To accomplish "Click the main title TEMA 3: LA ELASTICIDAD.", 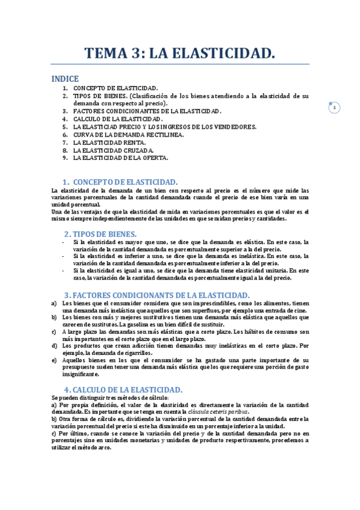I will (x=180, y=54).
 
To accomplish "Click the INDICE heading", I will (x=65, y=79).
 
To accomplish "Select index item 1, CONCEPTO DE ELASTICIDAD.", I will (x=115, y=88).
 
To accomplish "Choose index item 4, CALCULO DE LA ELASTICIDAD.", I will (x=117, y=119).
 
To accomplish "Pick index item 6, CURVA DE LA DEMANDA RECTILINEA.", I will (x=129, y=135).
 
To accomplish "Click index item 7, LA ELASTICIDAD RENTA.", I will (x=109, y=143).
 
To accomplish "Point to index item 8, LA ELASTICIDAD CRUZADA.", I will (x=113, y=150).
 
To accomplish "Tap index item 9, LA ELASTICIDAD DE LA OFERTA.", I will (x=120, y=158).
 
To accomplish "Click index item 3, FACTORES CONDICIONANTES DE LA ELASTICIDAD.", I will (x=147, y=111).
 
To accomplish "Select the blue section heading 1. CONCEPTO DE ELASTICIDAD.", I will (x=120, y=182).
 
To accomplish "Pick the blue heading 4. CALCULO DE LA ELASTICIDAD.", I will (x=127, y=389).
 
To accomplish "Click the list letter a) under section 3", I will (x=54, y=303).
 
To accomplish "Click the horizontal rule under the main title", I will (x=180, y=64).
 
